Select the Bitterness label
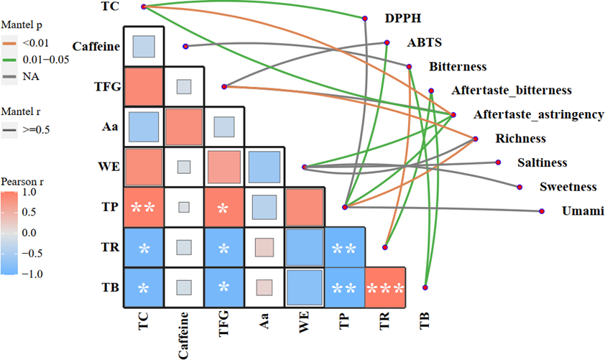point(458,67)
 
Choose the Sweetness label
point(568,187)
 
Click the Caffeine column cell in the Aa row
point(185,127)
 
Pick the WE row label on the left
point(105,167)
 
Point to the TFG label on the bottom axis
point(225,326)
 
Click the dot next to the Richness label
point(475,139)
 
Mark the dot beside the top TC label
point(144,6)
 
